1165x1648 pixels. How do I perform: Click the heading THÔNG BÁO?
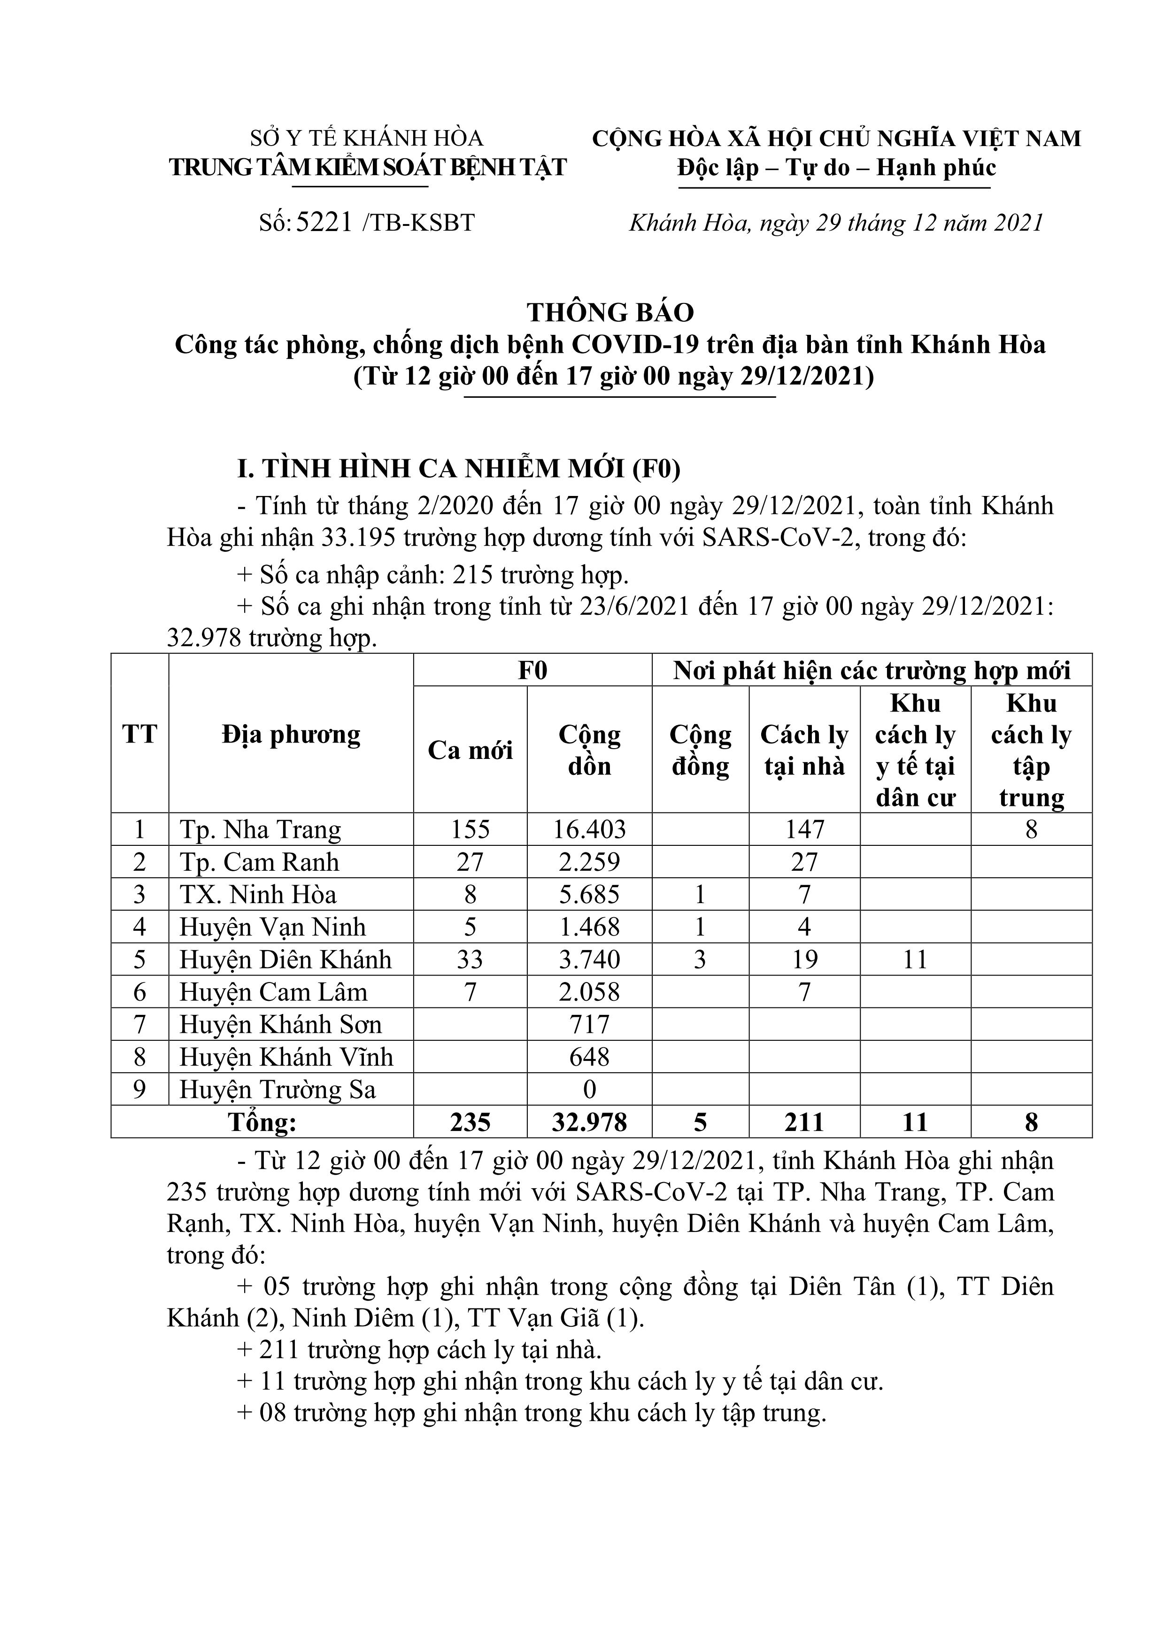610,312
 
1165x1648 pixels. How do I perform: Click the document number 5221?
324,223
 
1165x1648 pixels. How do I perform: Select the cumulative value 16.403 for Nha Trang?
589,830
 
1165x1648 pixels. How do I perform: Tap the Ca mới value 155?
470,830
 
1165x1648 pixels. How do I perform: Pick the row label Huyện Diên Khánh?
285,959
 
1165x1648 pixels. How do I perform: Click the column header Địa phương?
291,734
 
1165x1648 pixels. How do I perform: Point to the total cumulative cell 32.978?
589,1122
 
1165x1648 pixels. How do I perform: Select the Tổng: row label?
262,1122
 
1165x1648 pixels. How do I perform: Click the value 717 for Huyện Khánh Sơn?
589,1024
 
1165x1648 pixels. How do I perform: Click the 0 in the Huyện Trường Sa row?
589,1090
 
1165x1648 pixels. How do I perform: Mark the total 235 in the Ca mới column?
470,1122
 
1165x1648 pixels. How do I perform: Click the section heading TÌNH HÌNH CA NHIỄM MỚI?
459,469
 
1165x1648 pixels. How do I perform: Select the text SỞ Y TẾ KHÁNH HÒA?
366,138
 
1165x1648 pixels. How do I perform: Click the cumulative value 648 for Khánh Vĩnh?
589,1057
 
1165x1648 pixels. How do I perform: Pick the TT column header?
139,734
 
